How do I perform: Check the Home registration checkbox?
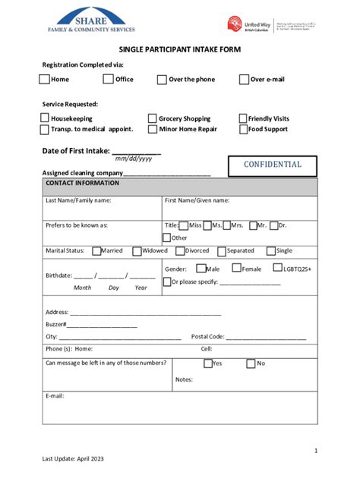(46, 80)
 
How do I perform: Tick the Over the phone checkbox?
(163, 80)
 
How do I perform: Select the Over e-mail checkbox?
(244, 80)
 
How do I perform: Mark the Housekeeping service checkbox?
(46, 118)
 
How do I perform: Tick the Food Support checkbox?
(243, 129)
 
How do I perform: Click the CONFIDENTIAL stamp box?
(272, 165)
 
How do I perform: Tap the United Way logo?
(248, 24)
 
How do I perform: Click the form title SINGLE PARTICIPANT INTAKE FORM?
(179, 49)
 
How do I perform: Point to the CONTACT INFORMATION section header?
(82, 184)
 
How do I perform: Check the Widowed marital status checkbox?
(137, 251)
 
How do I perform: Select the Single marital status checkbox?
(271, 251)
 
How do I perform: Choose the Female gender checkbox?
(236, 269)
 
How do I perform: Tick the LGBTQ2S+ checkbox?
(278, 269)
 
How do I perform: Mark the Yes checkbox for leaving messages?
(207, 363)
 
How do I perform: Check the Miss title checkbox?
(184, 225)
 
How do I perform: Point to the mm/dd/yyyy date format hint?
(134, 159)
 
